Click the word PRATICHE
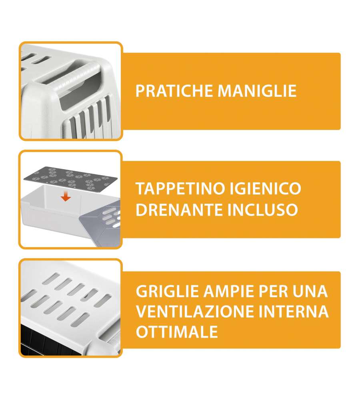click(174, 90)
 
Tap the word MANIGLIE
click(257, 90)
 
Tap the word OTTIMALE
click(177, 332)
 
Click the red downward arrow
click(66, 196)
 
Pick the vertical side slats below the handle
click(89, 117)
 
